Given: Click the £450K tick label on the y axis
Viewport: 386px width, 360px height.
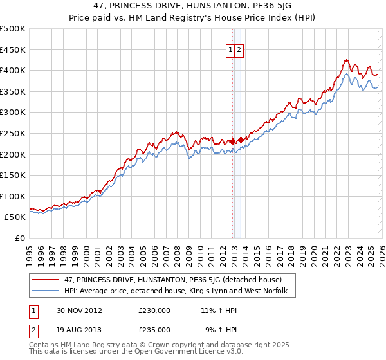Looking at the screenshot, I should pyautogui.click(x=13, y=50).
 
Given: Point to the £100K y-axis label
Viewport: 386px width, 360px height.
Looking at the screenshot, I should pyautogui.click(x=13, y=196).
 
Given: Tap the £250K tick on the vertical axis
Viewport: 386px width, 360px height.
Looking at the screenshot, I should pyautogui.click(x=13, y=133).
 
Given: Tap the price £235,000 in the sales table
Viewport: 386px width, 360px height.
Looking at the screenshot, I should pyautogui.click(x=154, y=329).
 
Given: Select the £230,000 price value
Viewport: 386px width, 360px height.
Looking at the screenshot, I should pyautogui.click(x=154, y=310).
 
